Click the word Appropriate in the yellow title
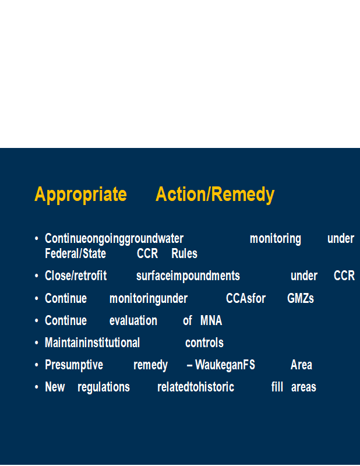tap(80, 195)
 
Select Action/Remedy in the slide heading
tap(215, 195)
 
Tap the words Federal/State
tap(76, 253)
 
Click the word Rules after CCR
tap(184, 253)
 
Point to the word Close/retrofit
tap(76, 276)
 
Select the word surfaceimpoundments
tap(188, 276)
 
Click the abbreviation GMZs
tap(301, 298)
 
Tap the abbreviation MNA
tap(211, 321)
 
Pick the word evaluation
tap(133, 321)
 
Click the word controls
tap(204, 343)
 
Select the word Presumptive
tap(74, 365)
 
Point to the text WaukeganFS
tap(225, 365)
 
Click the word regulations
tap(104, 387)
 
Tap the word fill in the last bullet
tap(277, 387)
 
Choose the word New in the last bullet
tap(55, 387)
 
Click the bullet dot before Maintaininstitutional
tap(37, 343)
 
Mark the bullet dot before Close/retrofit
tap(37, 276)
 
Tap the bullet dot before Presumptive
tap(37, 365)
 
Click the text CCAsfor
tap(246, 298)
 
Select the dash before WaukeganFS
tap(189, 366)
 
